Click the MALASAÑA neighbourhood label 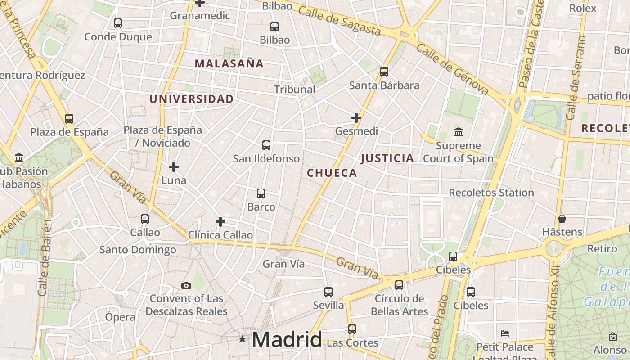229,63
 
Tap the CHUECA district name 332,173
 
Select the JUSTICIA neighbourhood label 387,158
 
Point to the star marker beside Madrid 243,339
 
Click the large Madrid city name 287,339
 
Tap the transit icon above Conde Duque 118,23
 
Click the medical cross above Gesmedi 356,118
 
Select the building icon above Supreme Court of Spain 459,132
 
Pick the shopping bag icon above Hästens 562,219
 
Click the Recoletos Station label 491,193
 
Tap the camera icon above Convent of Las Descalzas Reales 186,285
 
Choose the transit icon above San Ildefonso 266,145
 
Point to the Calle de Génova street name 452,69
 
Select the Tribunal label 295,90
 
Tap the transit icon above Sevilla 328,292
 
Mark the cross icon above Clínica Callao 220,222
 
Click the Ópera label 120,317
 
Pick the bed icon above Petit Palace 505,333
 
